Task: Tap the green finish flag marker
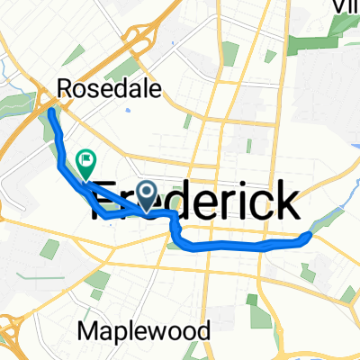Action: (86, 163)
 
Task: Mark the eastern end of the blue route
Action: (310, 236)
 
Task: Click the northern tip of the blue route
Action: (51, 111)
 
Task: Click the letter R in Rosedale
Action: (64, 89)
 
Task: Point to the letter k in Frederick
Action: (284, 199)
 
